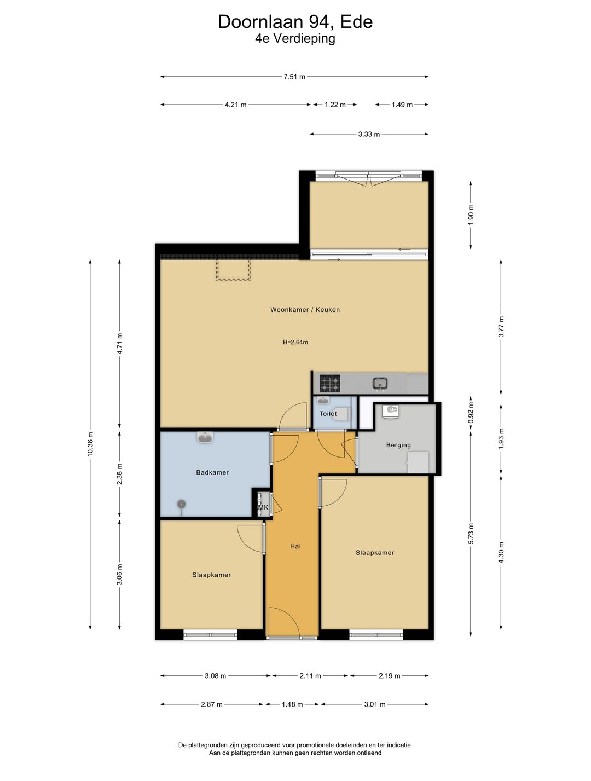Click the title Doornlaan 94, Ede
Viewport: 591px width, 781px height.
pyautogui.click(x=295, y=22)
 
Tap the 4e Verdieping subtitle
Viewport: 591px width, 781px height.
pyautogui.click(x=295, y=38)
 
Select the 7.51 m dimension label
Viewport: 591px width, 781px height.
pyautogui.click(x=294, y=77)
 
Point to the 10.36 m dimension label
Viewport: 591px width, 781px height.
pyautogui.click(x=90, y=444)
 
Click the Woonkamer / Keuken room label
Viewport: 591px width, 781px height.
pyautogui.click(x=305, y=310)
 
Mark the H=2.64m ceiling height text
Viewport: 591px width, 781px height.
pyautogui.click(x=295, y=342)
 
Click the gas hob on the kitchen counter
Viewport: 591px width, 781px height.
pyautogui.click(x=329, y=384)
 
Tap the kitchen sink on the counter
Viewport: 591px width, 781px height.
pyautogui.click(x=380, y=384)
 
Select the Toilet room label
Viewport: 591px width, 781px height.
pyautogui.click(x=328, y=413)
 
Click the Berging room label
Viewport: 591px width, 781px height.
pyautogui.click(x=398, y=445)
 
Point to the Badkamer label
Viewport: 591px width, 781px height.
pyautogui.click(x=212, y=472)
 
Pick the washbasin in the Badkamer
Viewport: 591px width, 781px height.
pyautogui.click(x=205, y=437)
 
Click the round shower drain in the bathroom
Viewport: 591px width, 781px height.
pyautogui.click(x=181, y=504)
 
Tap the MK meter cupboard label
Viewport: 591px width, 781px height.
pyautogui.click(x=263, y=507)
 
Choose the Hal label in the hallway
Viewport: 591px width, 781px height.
pyautogui.click(x=295, y=546)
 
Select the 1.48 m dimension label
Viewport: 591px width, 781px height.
pyautogui.click(x=292, y=704)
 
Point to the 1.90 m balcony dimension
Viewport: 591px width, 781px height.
pyautogui.click(x=471, y=215)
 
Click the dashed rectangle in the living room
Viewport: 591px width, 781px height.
pyautogui.click(x=233, y=270)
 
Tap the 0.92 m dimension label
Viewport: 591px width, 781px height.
pyautogui.click(x=471, y=413)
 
